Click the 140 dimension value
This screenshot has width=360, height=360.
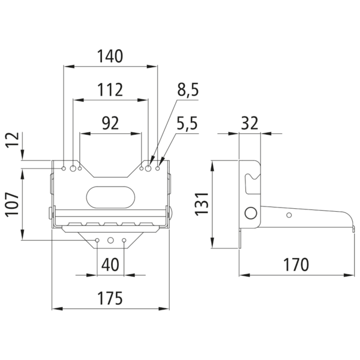coord(110,56)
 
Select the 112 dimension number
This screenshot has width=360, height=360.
coord(110,90)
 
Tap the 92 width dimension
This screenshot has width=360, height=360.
coord(110,123)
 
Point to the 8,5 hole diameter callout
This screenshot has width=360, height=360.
coord(188,90)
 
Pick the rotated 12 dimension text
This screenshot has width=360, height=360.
coord(13,140)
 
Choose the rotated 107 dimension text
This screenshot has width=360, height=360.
coord(13,205)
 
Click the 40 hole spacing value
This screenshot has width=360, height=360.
coord(110,265)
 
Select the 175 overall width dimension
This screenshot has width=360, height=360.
coord(110,298)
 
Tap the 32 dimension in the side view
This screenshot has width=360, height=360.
coord(250,123)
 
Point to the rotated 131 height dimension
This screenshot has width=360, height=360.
coord(202,204)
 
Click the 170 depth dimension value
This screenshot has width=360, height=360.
coord(296,265)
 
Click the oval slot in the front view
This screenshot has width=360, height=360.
coord(110,197)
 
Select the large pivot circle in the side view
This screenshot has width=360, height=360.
coord(251,213)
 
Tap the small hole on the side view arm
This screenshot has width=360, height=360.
coord(289,215)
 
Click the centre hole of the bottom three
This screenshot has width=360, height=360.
coord(110,241)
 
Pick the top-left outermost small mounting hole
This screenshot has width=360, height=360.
coord(64,169)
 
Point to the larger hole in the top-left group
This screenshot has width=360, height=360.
coord(73,169)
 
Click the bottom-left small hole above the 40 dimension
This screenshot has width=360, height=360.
coord(97,241)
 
